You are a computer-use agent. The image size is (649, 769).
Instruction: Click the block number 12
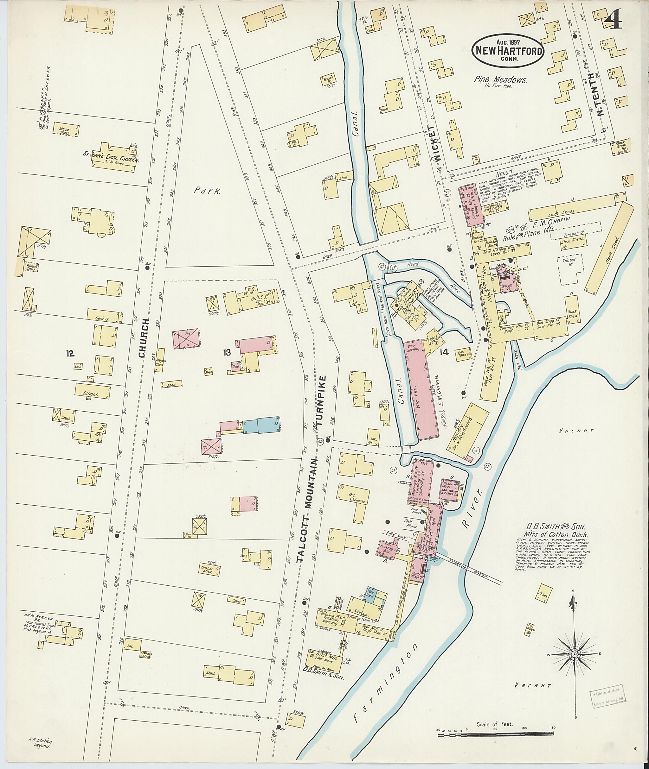point(70,354)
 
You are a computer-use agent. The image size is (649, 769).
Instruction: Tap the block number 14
point(444,352)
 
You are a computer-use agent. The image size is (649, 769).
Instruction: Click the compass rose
point(574,655)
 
